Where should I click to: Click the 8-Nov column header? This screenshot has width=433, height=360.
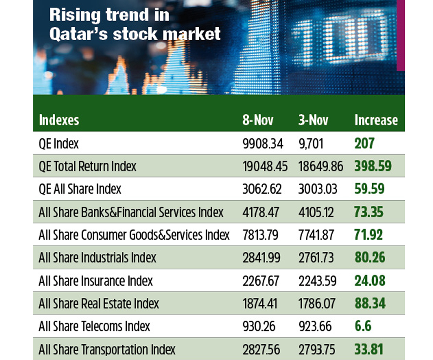point(258,121)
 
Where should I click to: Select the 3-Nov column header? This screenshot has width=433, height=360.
point(313,121)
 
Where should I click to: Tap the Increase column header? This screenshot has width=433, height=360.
point(376,121)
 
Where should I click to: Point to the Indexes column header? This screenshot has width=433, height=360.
point(59,121)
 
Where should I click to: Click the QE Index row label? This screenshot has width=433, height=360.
point(59,144)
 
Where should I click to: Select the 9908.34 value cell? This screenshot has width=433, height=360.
point(263,144)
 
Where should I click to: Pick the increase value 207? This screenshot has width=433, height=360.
point(364,144)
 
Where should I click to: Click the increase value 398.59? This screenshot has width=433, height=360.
point(373,166)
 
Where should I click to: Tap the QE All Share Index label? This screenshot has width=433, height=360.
point(80,189)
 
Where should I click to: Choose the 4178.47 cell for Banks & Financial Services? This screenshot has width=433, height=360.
point(260,212)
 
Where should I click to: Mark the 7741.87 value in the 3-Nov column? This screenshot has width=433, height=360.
point(316,235)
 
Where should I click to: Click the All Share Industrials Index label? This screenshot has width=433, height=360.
point(97,258)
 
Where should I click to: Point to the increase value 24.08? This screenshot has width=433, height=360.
point(370,281)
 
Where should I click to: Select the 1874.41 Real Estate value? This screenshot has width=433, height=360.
point(260,304)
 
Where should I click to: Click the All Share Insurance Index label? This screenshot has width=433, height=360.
point(96,281)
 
